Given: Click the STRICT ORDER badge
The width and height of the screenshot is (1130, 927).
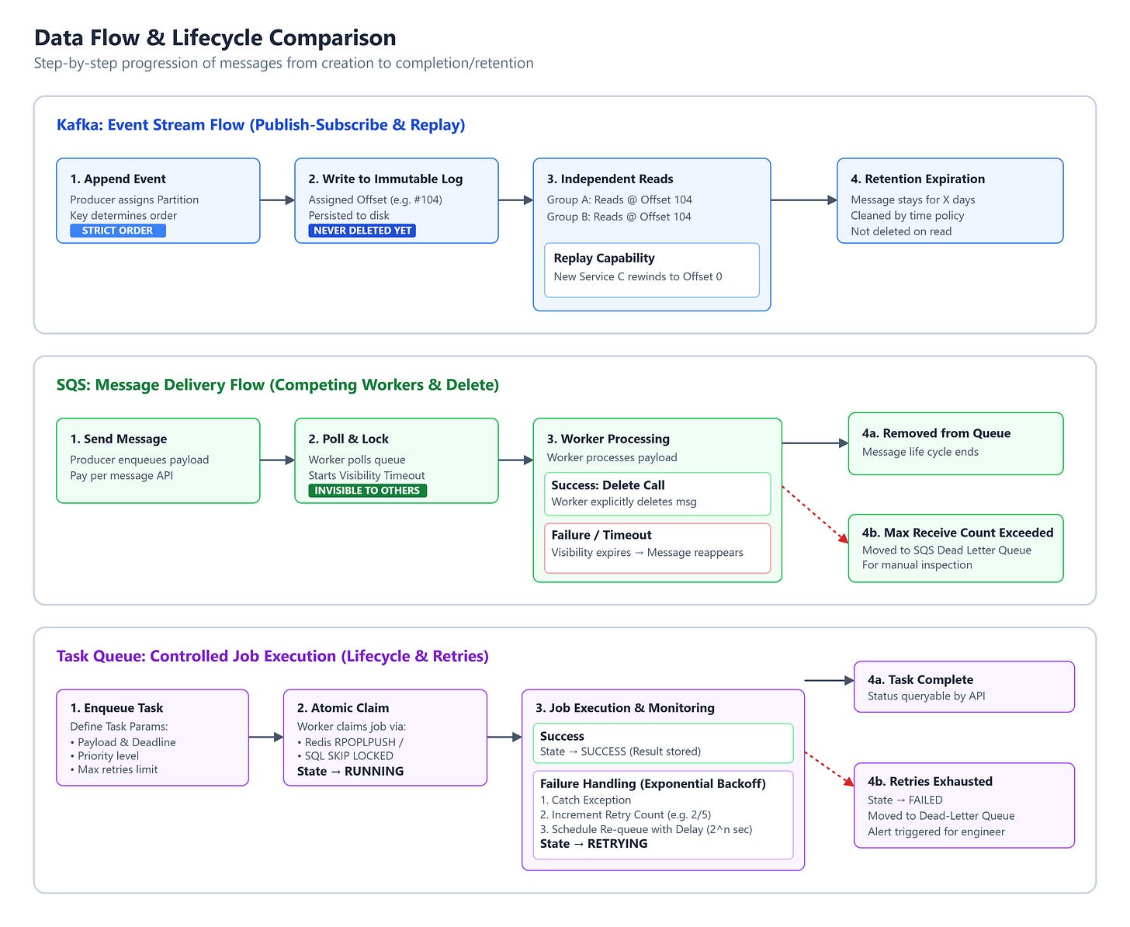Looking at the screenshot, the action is click(x=117, y=231).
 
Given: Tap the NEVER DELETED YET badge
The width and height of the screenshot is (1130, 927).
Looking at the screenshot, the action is click(x=362, y=231).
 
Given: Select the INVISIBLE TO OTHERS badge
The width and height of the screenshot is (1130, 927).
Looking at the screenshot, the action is click(x=367, y=490).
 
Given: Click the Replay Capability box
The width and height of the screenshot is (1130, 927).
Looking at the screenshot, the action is click(x=651, y=270).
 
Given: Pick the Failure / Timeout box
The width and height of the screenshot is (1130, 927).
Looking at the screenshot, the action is click(x=657, y=548).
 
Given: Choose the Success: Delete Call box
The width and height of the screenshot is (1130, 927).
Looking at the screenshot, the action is click(x=657, y=494).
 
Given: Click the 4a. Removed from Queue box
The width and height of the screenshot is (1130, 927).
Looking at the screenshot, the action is click(x=955, y=443).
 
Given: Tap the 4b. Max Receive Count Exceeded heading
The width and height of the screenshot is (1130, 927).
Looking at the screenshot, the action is click(x=957, y=533).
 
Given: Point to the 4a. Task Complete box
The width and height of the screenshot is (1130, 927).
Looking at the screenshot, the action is click(x=964, y=686).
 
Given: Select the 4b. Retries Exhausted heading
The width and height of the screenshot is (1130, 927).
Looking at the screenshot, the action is click(x=930, y=781).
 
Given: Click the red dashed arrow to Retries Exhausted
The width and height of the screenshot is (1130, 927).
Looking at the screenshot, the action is click(x=830, y=769).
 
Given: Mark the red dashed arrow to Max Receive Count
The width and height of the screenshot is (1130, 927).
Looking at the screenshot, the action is click(x=815, y=515).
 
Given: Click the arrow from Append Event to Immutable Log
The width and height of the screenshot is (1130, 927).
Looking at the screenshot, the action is click(x=278, y=200).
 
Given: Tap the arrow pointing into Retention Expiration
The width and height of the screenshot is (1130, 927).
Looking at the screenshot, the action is click(x=804, y=200).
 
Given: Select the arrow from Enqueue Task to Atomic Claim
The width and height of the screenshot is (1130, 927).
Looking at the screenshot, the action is click(x=266, y=738).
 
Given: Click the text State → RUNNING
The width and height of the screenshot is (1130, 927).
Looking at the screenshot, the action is click(x=350, y=771).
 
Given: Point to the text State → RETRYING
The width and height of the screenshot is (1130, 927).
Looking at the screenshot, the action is click(x=594, y=843).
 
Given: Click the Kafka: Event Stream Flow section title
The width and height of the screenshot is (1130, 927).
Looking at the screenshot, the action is click(x=261, y=125).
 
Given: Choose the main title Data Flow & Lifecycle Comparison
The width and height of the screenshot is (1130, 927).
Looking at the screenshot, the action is click(x=215, y=37).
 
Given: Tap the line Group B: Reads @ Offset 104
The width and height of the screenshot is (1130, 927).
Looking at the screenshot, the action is click(x=619, y=217).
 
